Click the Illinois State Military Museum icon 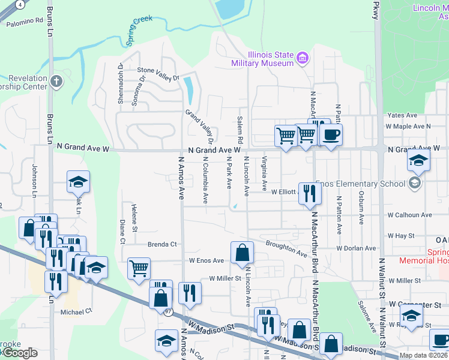click(x=303, y=58)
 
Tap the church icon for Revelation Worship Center click(x=56, y=81)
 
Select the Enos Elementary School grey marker click(x=414, y=183)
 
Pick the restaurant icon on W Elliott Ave click(x=309, y=194)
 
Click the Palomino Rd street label click(x=25, y=22)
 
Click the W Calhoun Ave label click(x=409, y=214)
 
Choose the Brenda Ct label click(x=163, y=244)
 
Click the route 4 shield click(x=20, y=4)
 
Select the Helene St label click(x=134, y=211)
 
